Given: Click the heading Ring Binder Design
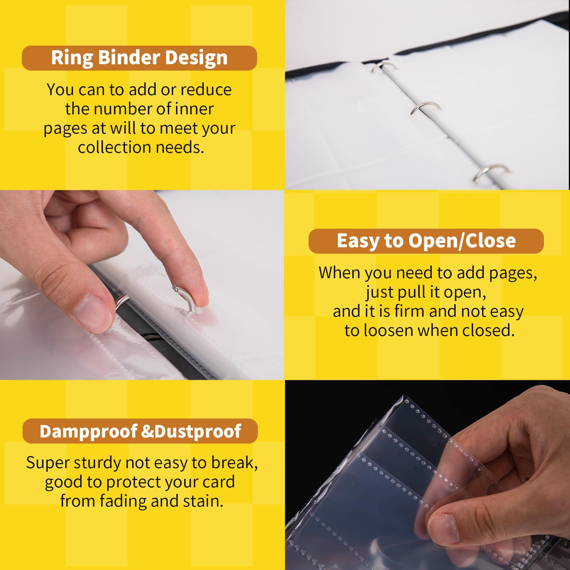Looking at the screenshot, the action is click(139, 58).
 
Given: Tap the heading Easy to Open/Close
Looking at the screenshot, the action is click(426, 241).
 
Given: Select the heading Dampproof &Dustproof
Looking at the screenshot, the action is click(140, 431).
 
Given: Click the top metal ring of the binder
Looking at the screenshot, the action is click(384, 66).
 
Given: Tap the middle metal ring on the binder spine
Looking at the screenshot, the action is click(425, 107).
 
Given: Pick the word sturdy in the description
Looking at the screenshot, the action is click(98, 463).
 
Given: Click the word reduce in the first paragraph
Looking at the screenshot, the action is click(206, 89).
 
